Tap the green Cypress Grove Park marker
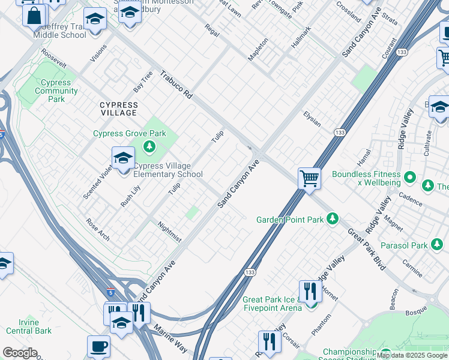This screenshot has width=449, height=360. coord(149,146)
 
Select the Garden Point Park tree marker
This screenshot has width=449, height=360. coord(333,220)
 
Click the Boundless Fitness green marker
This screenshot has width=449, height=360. coord(410,177)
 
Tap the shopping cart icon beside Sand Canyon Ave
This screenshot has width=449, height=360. coord(309,178)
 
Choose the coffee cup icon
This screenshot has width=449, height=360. coord(98,347)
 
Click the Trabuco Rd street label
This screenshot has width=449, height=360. coord(176,85)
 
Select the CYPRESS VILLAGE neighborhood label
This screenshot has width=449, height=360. coord(118,109)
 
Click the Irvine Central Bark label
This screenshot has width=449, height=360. coord(29,326)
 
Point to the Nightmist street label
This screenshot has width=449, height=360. coord(169,232)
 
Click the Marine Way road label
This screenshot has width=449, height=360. coord(171,338)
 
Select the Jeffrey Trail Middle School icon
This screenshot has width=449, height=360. coord(95,19)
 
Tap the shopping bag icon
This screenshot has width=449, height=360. coord(34,15)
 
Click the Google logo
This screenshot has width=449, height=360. coord(20,353)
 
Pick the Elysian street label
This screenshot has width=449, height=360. coord(312,118)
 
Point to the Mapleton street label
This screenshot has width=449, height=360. coord(258,52)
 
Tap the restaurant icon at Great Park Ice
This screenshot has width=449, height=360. coord(309,293)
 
